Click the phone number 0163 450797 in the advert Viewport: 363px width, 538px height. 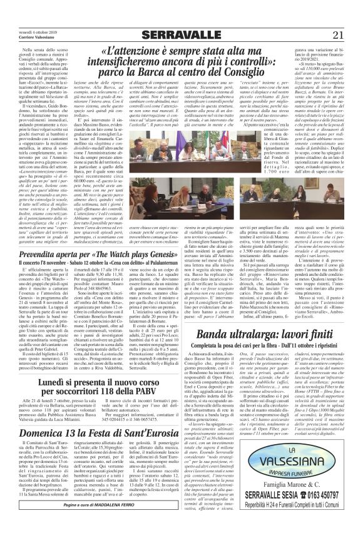point(326,509)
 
